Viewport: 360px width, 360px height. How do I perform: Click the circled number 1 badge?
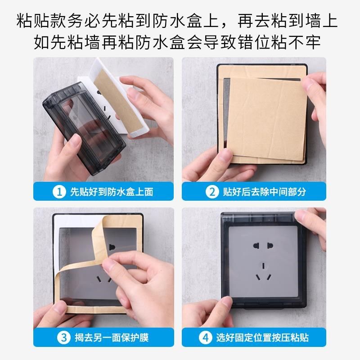tap(59, 192)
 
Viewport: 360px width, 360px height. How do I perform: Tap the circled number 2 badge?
tap(211, 192)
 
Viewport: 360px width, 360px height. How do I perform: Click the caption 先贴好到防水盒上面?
tap(111, 192)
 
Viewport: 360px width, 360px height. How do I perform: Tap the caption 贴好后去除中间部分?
tap(264, 192)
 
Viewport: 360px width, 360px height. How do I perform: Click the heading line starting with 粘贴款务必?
tap(180, 21)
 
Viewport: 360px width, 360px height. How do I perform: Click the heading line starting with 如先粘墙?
tap(180, 43)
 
